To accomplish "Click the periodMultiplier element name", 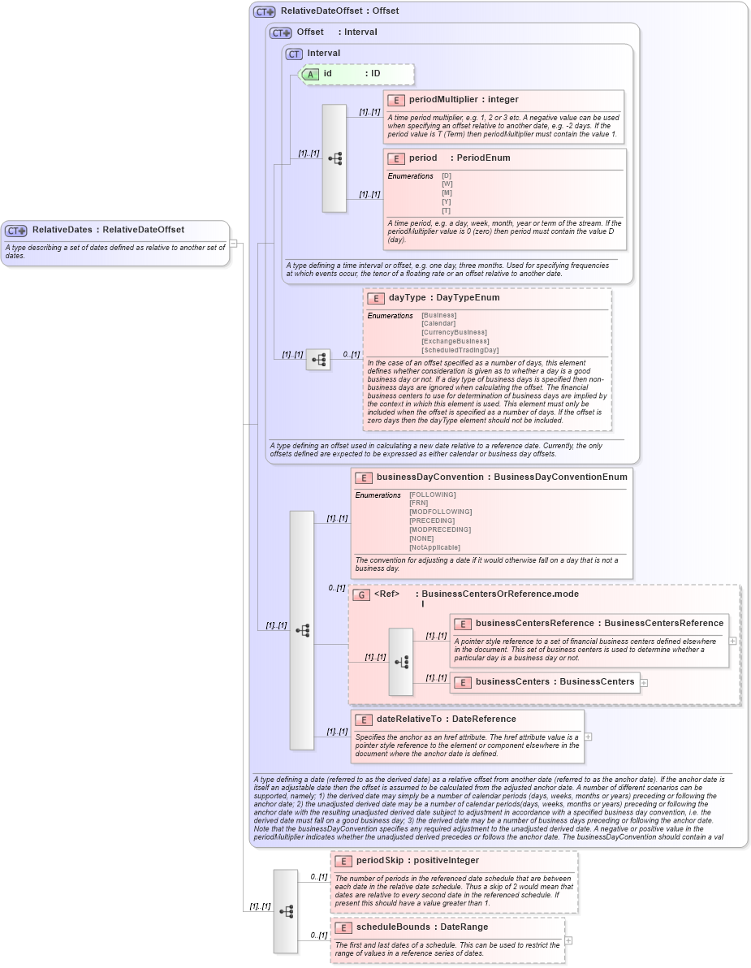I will coord(446,100).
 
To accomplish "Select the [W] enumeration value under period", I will coord(447,184).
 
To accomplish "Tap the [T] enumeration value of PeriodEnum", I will coord(447,210).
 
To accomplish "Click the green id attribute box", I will coord(357,74).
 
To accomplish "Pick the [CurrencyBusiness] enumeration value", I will coord(454,332).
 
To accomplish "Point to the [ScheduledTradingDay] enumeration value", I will coord(460,350).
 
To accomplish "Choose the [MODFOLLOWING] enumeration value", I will coord(440,512).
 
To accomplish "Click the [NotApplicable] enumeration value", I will coord(434,547).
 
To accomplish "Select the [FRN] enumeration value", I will coord(419,503).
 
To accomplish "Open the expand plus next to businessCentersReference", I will coord(733,640).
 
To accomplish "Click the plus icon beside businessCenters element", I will coord(644,682).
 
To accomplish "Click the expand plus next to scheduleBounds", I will coord(568,940).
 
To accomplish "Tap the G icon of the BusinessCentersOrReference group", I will coord(361,594).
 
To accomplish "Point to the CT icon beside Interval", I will coord(294,54).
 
